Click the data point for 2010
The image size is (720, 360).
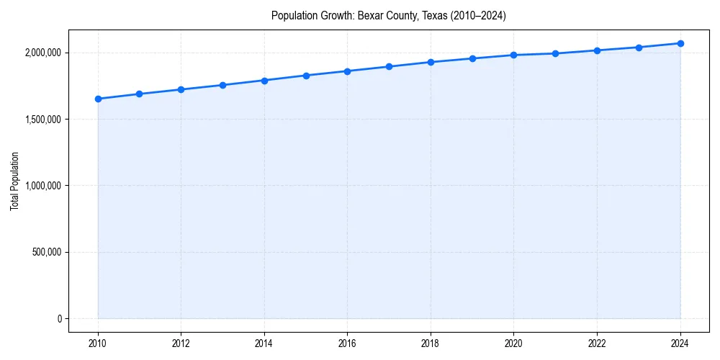tap(98, 99)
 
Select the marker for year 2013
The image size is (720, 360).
tap(222, 85)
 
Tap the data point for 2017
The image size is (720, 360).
tap(389, 66)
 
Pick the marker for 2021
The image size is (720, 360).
tap(555, 53)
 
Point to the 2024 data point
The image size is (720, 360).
tap(680, 43)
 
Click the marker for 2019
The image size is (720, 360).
tap(472, 58)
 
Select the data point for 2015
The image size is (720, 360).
tap(306, 76)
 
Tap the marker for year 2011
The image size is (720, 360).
tap(139, 94)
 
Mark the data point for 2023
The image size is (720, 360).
tap(639, 48)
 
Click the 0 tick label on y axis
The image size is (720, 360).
tap(59, 318)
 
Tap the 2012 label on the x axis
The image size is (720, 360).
tap(181, 343)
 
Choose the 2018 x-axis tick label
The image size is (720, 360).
tap(431, 343)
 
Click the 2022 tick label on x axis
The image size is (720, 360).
tap(597, 343)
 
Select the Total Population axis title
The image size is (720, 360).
tap(14, 181)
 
